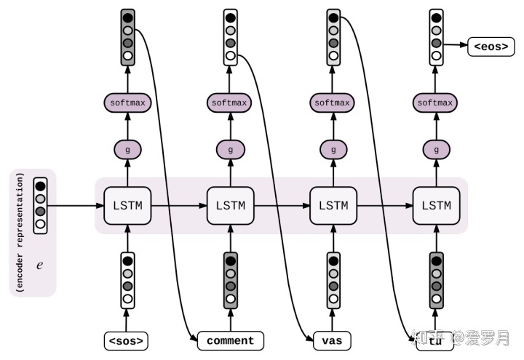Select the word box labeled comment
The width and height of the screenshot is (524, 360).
click(x=230, y=340)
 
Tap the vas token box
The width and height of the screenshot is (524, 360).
click(x=333, y=340)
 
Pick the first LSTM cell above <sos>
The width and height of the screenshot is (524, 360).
click(x=128, y=205)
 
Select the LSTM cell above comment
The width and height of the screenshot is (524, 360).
click(x=231, y=205)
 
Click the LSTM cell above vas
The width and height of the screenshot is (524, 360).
click(x=333, y=205)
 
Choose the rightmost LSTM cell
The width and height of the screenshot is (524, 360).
click(x=436, y=205)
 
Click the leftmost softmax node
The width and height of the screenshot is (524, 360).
click(x=128, y=103)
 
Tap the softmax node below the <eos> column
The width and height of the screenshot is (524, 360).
click(x=436, y=103)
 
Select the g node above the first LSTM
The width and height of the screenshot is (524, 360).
click(x=128, y=150)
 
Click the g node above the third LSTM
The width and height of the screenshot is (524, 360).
click(x=333, y=150)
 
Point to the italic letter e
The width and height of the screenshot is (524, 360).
click(x=40, y=265)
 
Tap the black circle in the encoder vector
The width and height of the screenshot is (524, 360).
click(x=40, y=185)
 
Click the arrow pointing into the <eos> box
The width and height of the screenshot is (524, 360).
click(x=455, y=45)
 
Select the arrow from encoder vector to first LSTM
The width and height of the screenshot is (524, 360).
click(x=76, y=205)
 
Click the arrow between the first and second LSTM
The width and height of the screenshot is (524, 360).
click(x=179, y=205)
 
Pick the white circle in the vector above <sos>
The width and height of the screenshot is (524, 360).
click(x=128, y=299)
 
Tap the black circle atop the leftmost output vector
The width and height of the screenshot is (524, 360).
click(x=128, y=17)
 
